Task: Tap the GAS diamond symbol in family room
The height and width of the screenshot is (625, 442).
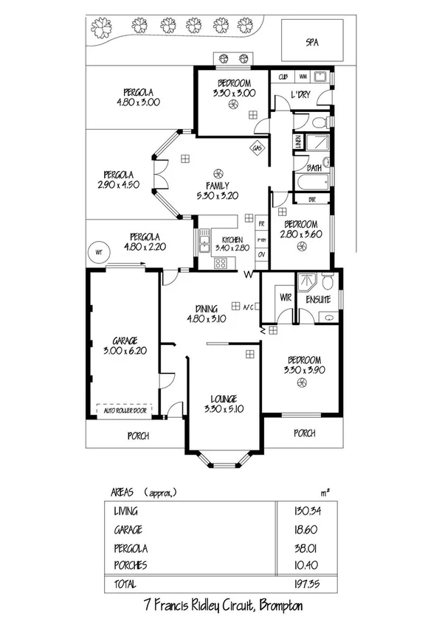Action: pos(257,148)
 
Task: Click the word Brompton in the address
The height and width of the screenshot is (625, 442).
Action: pos(277,606)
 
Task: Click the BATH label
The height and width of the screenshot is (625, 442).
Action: pos(314,167)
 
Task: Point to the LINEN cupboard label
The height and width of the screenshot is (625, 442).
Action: pos(298,142)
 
